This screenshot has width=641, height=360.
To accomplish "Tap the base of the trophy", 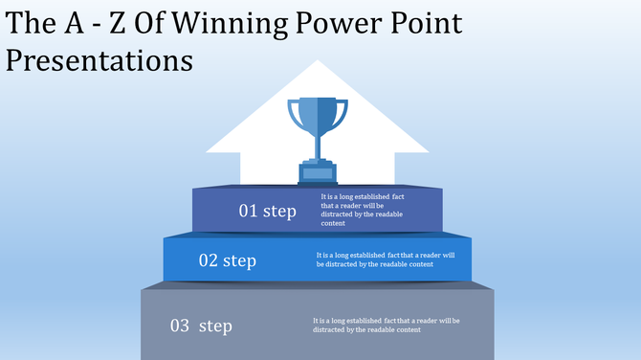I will pyautogui.click(x=318, y=173).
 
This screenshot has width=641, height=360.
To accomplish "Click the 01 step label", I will pyautogui.click(x=267, y=211).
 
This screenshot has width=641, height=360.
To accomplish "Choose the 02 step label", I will pyautogui.click(x=227, y=260).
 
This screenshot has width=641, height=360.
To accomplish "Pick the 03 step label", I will pyautogui.click(x=201, y=326).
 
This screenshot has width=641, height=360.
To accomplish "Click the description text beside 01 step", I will pyautogui.click(x=361, y=210).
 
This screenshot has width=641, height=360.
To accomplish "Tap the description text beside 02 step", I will pyautogui.click(x=384, y=259).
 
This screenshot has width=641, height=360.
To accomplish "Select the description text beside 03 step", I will pyautogui.click(x=386, y=325).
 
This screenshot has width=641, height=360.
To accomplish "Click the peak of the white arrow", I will pyautogui.click(x=318, y=63).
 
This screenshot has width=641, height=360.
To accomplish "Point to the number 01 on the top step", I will pyautogui.click(x=248, y=211).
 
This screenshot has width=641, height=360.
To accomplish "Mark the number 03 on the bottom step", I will pyautogui.click(x=180, y=326).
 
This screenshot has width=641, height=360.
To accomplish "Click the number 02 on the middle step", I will pyautogui.click(x=208, y=260).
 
